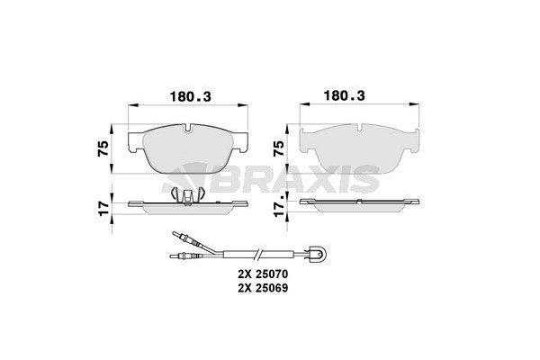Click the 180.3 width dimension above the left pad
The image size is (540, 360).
tap(191, 97)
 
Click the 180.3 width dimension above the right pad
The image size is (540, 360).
tap(344, 95)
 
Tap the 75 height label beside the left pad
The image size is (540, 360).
tap(103, 148)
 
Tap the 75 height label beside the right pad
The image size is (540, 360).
tap(278, 148)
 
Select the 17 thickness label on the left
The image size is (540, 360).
tap(103, 209)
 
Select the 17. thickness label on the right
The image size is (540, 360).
tap(279, 206)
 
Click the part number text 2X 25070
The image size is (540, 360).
tap(263, 274)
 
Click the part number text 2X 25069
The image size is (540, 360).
tap(263, 288)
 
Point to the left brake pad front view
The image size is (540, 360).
tap(188, 148)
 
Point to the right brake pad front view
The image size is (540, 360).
tap(359, 148)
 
